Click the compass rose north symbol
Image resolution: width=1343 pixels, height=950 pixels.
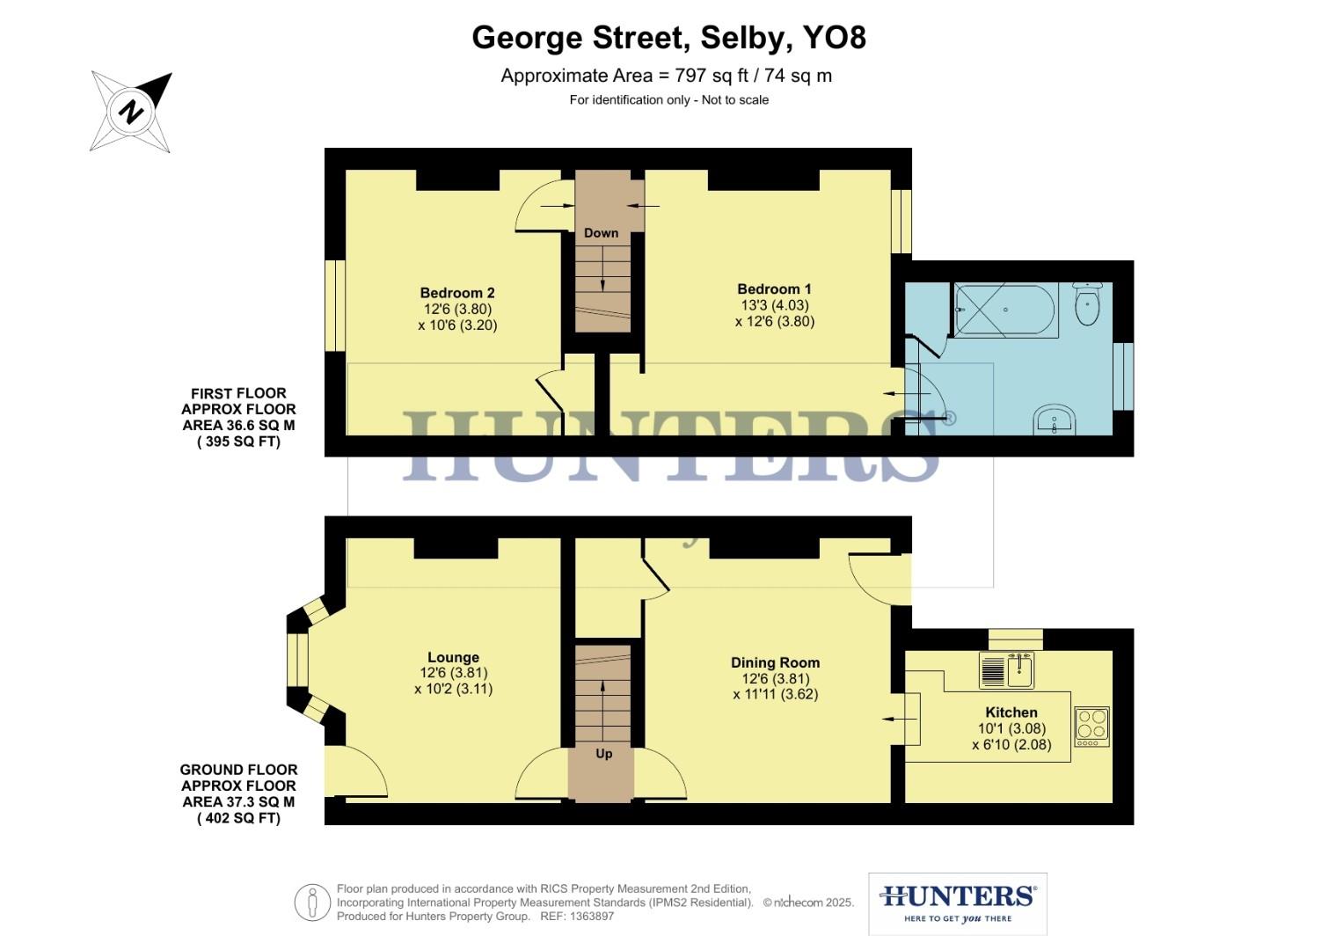pos(132,112)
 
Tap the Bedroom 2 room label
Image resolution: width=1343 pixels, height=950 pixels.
pos(457,293)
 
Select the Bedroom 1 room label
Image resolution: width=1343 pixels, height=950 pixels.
pos(774,289)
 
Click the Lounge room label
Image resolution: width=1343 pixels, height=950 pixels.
pos(453,657)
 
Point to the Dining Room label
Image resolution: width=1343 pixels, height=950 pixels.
pos(775,662)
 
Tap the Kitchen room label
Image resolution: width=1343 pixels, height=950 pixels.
pos(1011,712)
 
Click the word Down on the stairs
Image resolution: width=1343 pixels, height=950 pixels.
pos(602,233)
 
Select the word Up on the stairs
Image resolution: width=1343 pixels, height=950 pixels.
pos(604,754)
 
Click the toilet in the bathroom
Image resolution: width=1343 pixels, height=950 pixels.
pos(1088,305)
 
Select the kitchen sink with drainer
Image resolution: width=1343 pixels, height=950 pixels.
pos(1007,671)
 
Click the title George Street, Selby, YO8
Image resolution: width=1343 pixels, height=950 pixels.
pos(669,38)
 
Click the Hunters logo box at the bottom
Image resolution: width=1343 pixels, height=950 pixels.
pos(957,903)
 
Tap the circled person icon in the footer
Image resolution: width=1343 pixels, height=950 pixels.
pos(312,902)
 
